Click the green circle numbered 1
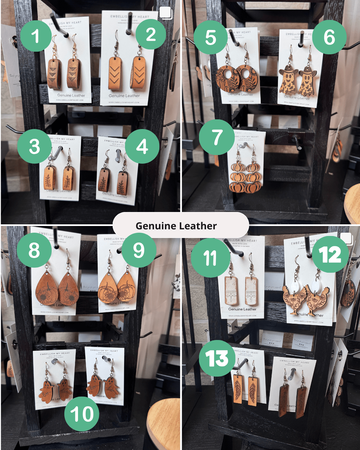(x=36, y=36)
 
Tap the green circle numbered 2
(x=151, y=34)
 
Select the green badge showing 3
(x=34, y=147)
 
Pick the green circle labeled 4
(x=142, y=146)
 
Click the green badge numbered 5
(x=210, y=37)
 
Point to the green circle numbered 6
(x=329, y=37)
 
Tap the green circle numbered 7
(x=217, y=137)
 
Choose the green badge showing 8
(x=34, y=250)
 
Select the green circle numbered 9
(x=139, y=250)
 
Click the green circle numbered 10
(x=82, y=414)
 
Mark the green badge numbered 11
(x=210, y=258)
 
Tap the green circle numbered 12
(x=330, y=255)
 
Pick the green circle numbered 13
(x=217, y=359)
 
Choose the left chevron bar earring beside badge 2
(x=115, y=73)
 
